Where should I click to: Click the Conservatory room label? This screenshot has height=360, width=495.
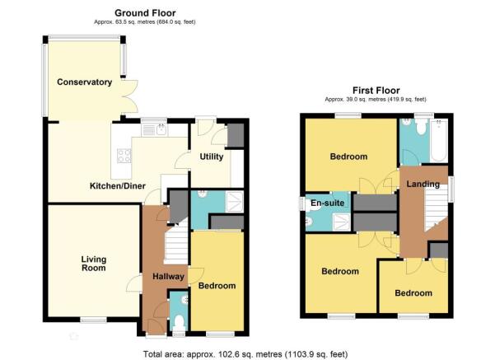click(x=84, y=82)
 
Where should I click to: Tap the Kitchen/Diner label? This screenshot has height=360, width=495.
click(x=118, y=185)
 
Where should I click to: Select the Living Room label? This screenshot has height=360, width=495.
click(x=93, y=264)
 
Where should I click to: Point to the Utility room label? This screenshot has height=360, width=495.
click(x=212, y=157)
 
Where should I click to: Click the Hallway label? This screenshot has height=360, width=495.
click(x=168, y=277)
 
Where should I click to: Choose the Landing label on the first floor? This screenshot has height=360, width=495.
click(x=423, y=184)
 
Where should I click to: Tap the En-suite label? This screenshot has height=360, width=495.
click(x=327, y=203)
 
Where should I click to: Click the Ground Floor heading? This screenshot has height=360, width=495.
click(x=145, y=13)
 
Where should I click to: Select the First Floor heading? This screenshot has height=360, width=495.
click(x=376, y=91)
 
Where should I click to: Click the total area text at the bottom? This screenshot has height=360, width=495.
click(x=245, y=354)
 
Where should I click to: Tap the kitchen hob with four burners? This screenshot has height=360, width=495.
click(x=124, y=156)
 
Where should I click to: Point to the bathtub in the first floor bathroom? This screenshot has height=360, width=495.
click(x=440, y=141)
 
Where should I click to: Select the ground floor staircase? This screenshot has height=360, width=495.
click(x=176, y=243)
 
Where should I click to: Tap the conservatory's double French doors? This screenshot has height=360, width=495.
click(x=130, y=96)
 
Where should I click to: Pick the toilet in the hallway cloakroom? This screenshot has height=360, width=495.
click(x=180, y=322)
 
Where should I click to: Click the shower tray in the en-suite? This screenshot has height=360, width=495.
click(x=342, y=222)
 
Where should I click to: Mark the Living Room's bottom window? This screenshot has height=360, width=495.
click(x=93, y=320)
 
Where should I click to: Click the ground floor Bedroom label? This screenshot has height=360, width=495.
click(x=217, y=286)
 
